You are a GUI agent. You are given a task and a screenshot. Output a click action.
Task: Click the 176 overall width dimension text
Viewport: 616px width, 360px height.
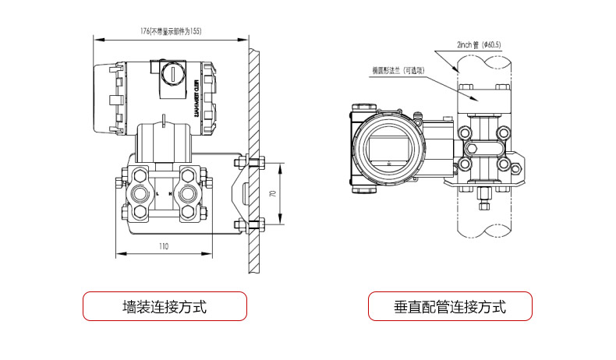click(x=170, y=31)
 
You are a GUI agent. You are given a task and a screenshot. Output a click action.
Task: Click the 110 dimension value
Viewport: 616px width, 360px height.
click(x=164, y=246)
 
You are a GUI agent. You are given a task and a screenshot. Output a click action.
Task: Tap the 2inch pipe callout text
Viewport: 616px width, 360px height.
click(x=479, y=45)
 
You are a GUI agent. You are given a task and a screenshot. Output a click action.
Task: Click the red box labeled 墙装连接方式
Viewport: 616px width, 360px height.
click(x=165, y=306)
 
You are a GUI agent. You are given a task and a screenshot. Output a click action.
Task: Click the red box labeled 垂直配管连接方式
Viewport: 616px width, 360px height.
click(x=450, y=306)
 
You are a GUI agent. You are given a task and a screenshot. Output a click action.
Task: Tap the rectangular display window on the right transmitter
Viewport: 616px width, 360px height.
click(x=388, y=146)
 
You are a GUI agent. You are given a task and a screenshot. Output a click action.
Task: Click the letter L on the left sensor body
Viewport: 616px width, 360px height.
click(x=157, y=192)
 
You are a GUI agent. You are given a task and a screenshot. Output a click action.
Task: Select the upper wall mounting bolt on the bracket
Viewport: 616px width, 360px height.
click(x=250, y=162)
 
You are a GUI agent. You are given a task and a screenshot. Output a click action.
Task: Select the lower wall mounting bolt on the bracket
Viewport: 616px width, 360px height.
click(x=250, y=227)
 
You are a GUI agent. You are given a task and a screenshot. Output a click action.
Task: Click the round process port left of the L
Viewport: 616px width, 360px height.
click(x=141, y=192)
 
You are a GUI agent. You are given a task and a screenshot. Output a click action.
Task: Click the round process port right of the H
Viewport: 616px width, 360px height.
click(x=187, y=192)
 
